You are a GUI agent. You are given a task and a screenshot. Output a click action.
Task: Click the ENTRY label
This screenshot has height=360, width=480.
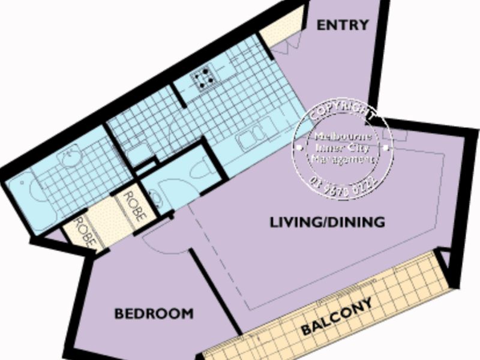(342, 25)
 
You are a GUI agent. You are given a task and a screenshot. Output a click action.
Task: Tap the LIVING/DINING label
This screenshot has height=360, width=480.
(327, 223)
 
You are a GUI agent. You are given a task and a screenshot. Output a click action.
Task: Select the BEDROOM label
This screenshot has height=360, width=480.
(154, 313)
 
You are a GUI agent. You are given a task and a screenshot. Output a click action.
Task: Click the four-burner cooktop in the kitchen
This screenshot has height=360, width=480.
(204, 79)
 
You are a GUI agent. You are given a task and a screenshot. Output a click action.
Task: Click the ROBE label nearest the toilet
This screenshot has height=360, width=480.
(133, 206)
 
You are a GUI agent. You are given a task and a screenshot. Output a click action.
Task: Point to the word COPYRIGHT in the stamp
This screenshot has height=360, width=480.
(342, 113)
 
